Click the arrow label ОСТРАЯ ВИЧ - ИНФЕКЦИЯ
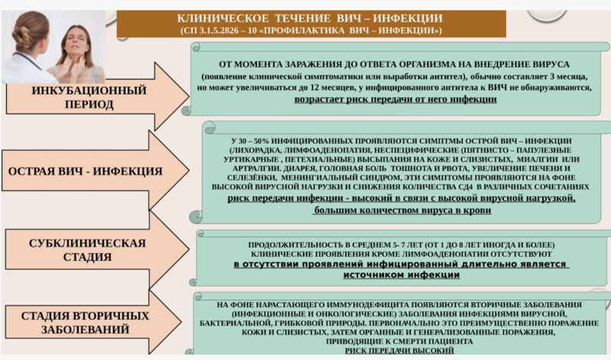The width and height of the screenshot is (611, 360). [85, 170]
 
